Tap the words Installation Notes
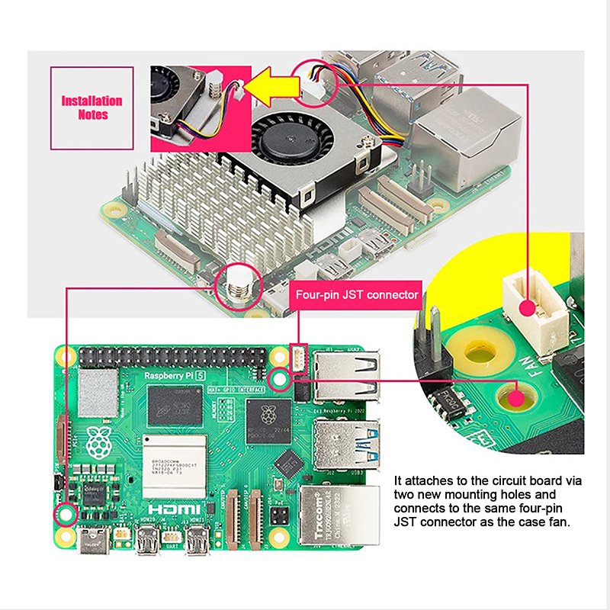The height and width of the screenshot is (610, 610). tap(91, 108)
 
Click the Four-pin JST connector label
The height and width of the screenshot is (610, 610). tap(355, 294)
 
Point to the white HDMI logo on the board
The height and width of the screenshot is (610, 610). tap(173, 509)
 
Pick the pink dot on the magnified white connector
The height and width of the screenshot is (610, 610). tap(525, 308)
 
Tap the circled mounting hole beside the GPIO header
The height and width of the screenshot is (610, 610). tap(280, 378)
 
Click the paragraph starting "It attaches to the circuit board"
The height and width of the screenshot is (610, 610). tap(488, 501)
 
